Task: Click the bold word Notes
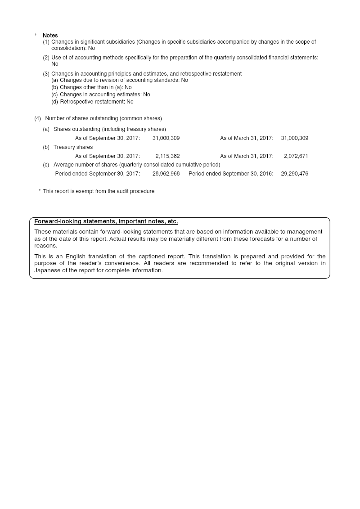click(50, 36)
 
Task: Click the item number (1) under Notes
click(46, 42)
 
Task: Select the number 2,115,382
click(167, 156)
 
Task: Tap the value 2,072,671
click(296, 156)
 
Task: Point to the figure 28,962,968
click(166, 174)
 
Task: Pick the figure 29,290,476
click(294, 174)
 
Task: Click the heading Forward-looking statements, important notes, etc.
click(106, 221)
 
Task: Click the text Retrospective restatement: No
click(97, 102)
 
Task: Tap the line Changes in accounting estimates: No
click(105, 95)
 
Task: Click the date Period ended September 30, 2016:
click(231, 174)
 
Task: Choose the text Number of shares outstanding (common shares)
click(103, 118)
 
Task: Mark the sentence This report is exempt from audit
click(99, 191)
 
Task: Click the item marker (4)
click(37, 118)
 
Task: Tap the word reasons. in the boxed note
click(45, 246)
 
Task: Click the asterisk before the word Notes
click(36, 36)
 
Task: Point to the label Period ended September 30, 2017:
click(97, 174)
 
